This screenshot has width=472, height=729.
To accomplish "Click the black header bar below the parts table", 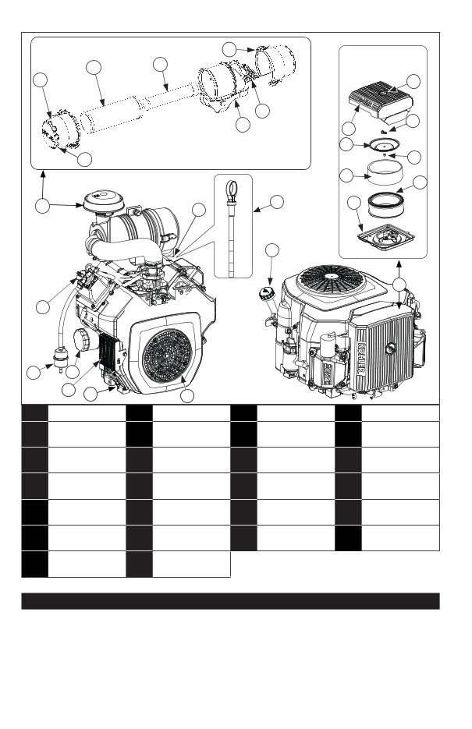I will [x=230, y=601].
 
